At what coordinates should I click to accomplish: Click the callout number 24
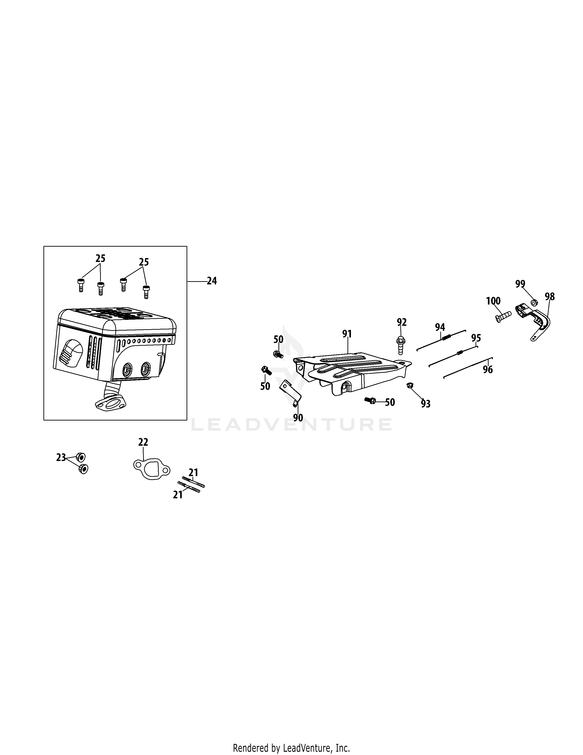click(212, 281)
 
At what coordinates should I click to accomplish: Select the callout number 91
click(347, 334)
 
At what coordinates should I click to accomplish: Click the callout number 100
click(493, 301)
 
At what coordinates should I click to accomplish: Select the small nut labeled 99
click(534, 303)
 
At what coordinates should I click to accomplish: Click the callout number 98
click(549, 297)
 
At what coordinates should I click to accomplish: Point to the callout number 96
click(488, 369)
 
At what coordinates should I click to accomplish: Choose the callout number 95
click(476, 338)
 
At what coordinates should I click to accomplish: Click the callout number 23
click(61, 458)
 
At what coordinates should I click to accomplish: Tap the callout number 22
click(143, 442)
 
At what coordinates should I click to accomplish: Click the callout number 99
click(520, 284)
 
